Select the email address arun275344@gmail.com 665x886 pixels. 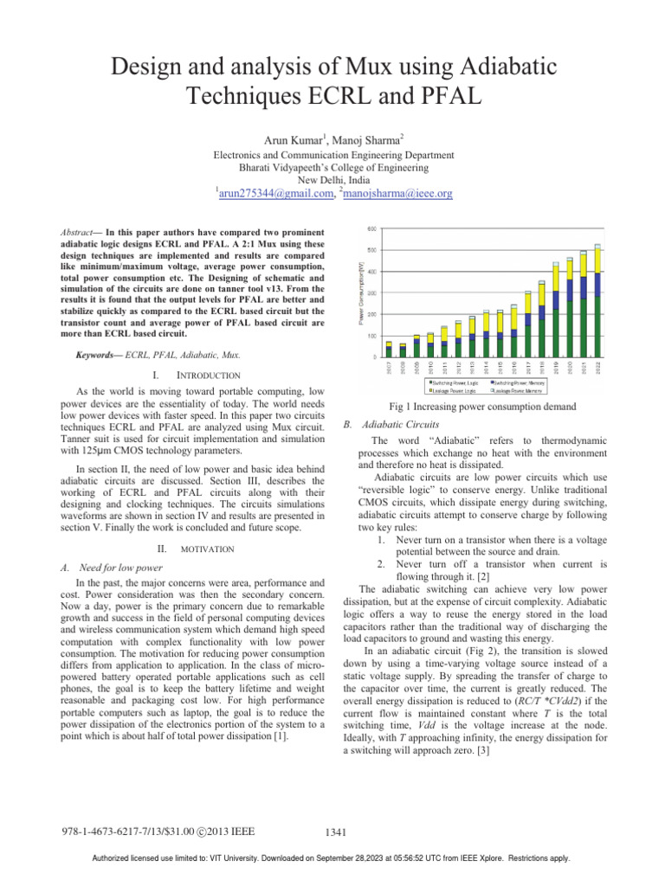274,194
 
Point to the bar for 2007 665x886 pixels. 389,350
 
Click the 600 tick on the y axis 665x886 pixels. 372,229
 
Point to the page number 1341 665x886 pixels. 333,832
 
